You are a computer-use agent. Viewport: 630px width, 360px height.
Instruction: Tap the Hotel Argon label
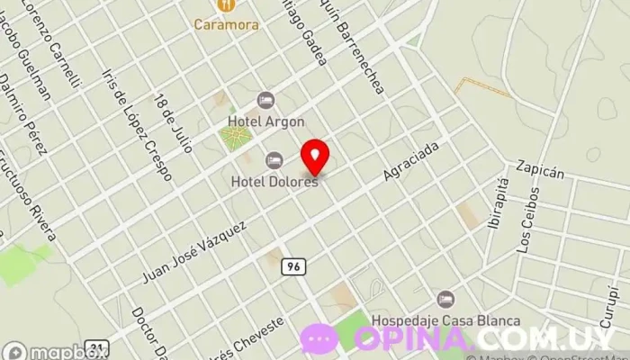tap(265, 121)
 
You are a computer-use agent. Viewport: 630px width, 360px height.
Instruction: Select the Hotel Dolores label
tap(274, 181)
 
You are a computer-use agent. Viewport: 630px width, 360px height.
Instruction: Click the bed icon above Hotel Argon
tap(265, 100)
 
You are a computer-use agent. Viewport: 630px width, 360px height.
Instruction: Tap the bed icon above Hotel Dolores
tap(274, 160)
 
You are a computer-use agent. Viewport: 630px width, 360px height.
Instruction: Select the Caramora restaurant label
tap(227, 24)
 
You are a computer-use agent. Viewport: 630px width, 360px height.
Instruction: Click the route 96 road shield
tap(291, 266)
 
